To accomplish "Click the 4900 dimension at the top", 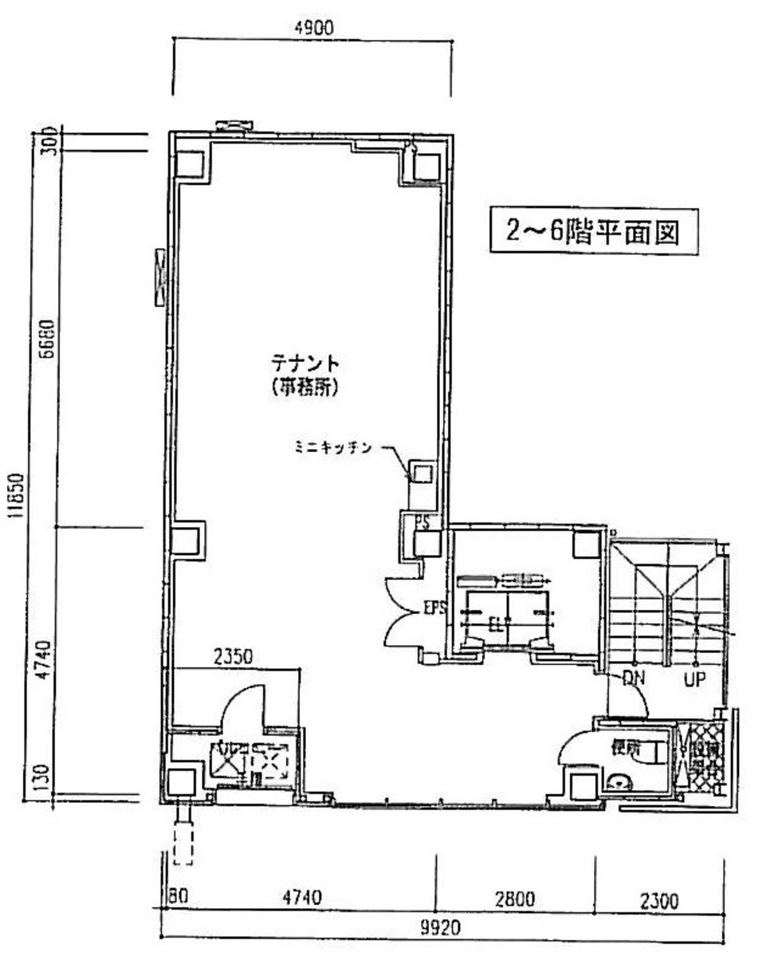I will click(x=312, y=27).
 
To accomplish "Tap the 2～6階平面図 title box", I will click(x=593, y=231).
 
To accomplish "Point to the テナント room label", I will click(x=305, y=364).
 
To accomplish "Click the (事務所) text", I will click(x=305, y=388).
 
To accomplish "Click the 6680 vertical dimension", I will click(x=47, y=340).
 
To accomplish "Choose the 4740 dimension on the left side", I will click(x=47, y=659).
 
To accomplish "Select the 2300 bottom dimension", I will click(x=658, y=901).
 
